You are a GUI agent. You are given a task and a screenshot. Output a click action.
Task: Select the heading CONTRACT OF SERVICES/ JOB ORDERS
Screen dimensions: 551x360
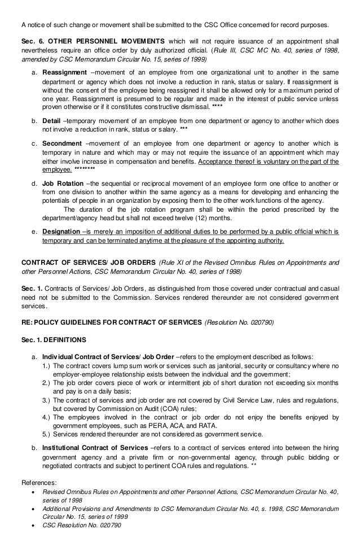pos(89,262)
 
